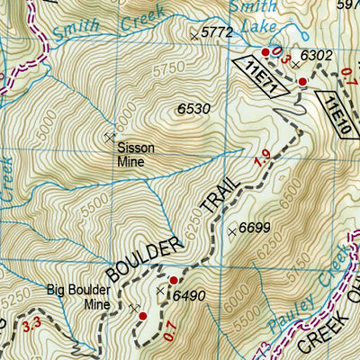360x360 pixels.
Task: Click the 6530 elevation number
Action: point(193,109)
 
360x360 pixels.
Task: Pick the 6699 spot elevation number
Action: point(256,229)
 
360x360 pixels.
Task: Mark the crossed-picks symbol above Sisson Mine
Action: point(110,137)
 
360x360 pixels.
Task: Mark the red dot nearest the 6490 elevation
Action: point(174,281)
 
